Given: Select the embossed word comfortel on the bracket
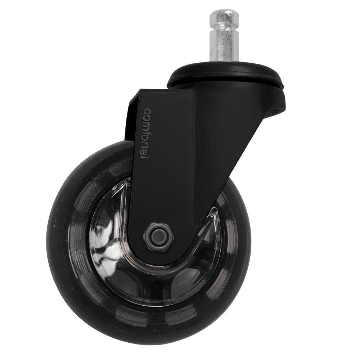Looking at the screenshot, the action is point(147,136).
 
